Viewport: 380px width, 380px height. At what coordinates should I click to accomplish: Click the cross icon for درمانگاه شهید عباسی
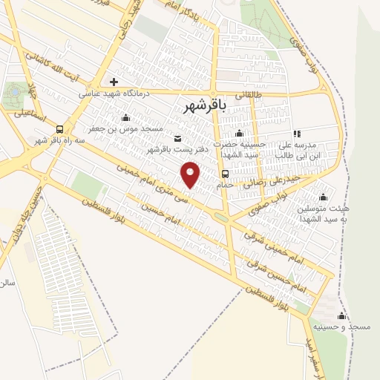point(114,82)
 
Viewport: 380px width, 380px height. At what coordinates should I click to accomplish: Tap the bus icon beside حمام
point(225,174)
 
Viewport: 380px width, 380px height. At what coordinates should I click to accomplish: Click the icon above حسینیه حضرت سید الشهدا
point(238,134)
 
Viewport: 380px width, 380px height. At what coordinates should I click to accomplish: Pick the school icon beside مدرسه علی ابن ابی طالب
point(296,134)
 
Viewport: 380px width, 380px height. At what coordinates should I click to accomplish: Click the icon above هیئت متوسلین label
point(322,197)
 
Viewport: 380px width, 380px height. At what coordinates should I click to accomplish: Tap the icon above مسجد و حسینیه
point(342,315)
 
